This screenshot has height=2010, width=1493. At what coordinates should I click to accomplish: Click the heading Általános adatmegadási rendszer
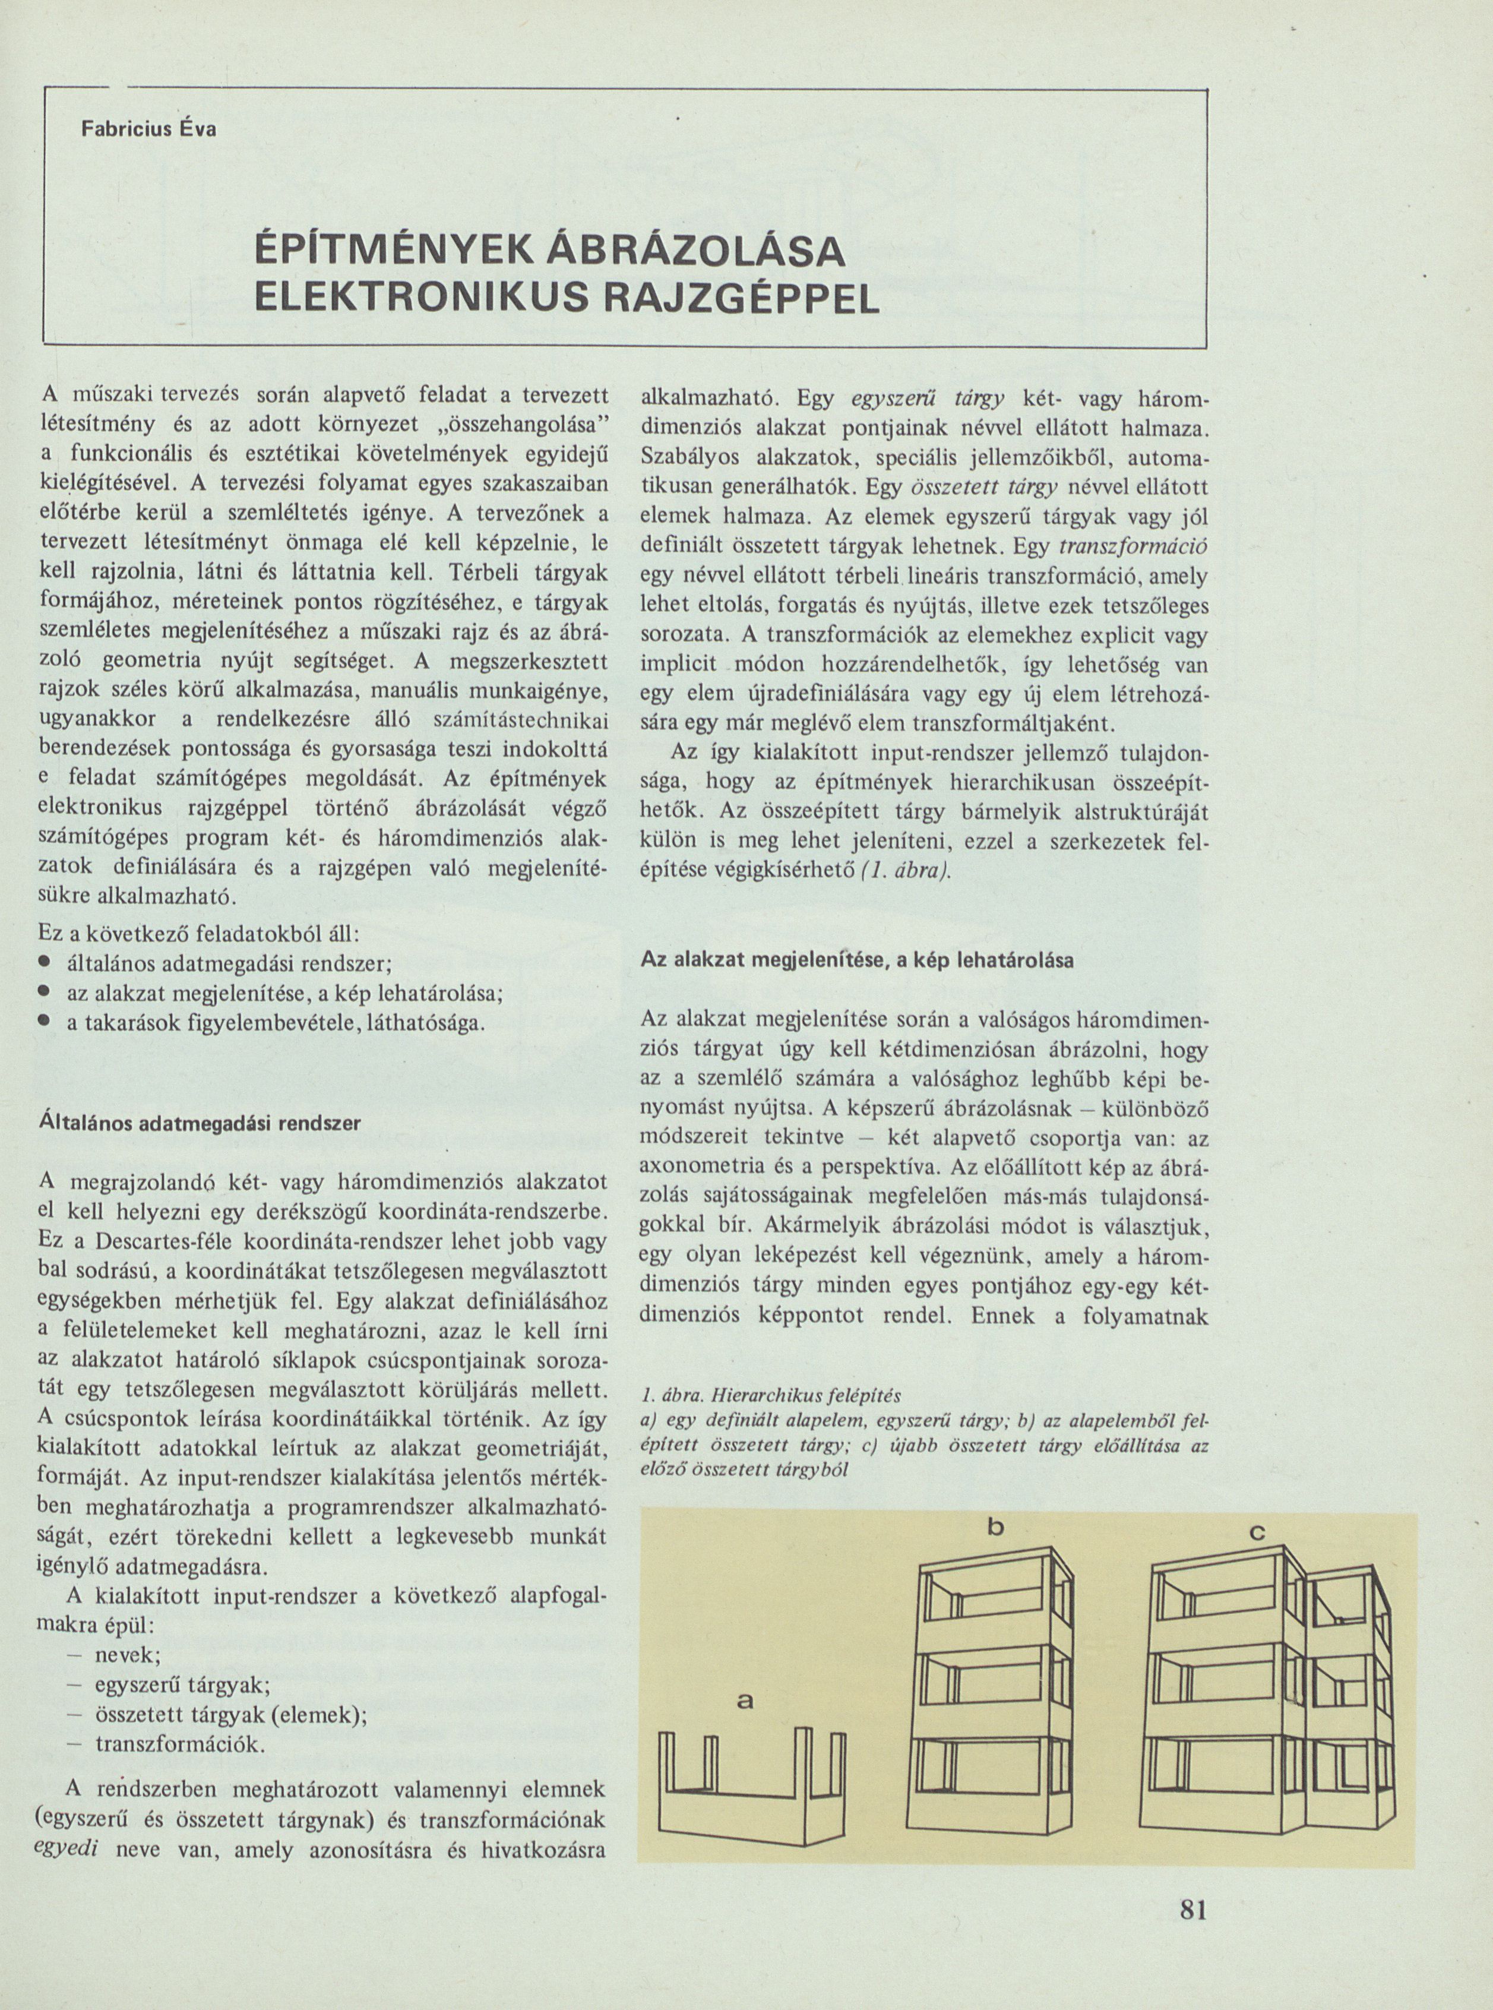[201, 1123]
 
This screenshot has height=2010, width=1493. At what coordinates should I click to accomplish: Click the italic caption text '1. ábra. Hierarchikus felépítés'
[771, 1393]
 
